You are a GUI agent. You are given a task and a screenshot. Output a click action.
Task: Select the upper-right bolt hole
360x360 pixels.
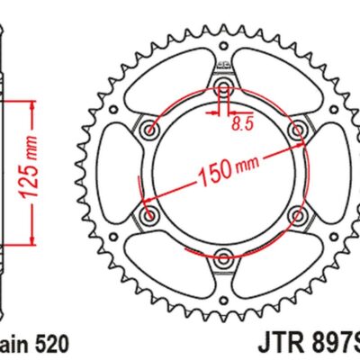point(296,130)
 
